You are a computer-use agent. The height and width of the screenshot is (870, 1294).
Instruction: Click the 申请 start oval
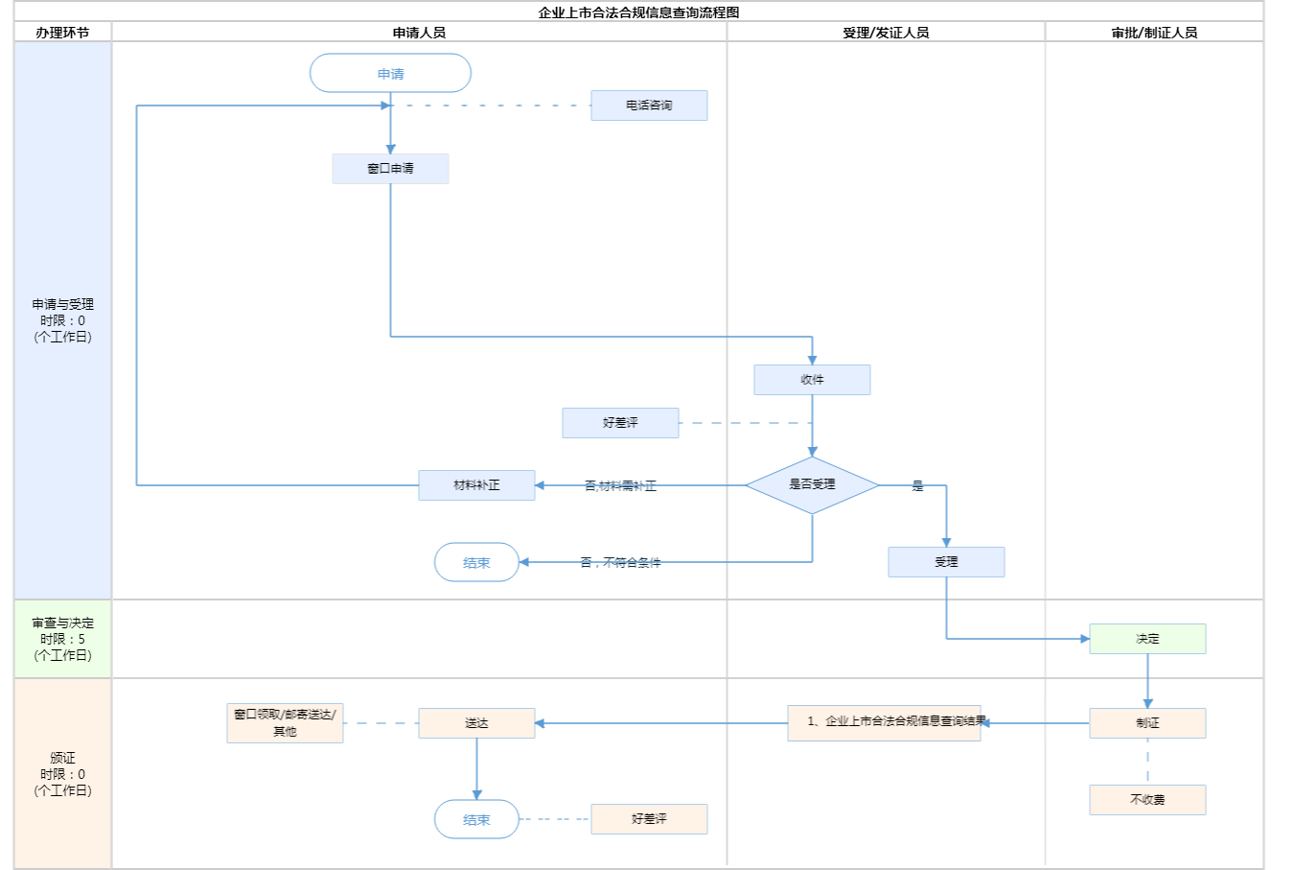(x=390, y=74)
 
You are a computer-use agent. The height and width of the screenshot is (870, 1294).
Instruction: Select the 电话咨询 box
(x=649, y=106)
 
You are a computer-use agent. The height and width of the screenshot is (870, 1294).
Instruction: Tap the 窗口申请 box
(x=390, y=169)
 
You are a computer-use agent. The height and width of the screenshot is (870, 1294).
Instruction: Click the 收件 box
(x=812, y=380)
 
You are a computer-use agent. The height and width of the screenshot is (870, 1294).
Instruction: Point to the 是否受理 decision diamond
(x=812, y=485)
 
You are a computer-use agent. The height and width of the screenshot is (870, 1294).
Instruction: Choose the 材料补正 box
(x=476, y=485)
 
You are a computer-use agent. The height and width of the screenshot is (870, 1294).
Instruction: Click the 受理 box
(x=946, y=562)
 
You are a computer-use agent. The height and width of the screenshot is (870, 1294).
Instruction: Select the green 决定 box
(x=1147, y=639)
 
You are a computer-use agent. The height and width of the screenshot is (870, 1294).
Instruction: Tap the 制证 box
(x=1147, y=723)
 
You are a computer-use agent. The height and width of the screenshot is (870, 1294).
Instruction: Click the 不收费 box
(x=1147, y=800)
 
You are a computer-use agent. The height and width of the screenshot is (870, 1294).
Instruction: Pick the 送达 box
(x=476, y=723)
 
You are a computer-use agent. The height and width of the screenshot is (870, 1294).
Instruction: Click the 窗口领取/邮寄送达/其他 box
(x=285, y=723)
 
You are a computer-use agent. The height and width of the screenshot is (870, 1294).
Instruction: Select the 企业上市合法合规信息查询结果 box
(x=884, y=722)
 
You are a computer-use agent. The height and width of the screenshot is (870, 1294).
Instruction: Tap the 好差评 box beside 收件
(x=620, y=423)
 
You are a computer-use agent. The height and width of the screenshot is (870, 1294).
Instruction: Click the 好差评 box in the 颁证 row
(x=649, y=819)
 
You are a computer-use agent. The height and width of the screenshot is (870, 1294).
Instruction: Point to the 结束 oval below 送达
(x=476, y=820)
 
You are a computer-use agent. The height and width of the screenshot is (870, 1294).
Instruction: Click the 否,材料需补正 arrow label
(x=620, y=486)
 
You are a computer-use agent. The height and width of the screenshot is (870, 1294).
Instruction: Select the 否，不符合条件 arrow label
(x=620, y=563)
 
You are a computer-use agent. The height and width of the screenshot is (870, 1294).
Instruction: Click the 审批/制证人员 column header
(x=1154, y=33)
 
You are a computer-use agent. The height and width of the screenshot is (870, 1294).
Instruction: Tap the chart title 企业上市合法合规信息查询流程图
(x=638, y=12)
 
